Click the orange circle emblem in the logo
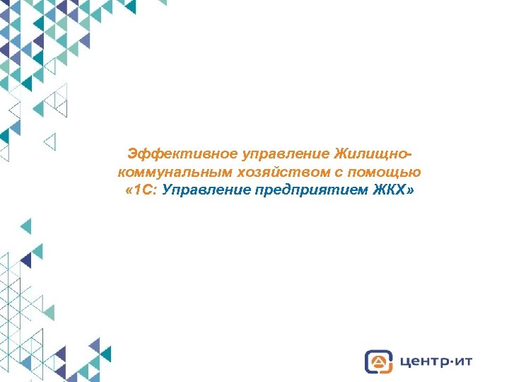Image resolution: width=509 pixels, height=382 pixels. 379,361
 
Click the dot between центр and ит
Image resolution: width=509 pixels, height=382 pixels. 449,361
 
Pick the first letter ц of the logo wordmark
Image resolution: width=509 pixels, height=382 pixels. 404,362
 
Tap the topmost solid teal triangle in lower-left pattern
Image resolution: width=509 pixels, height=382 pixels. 26,226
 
